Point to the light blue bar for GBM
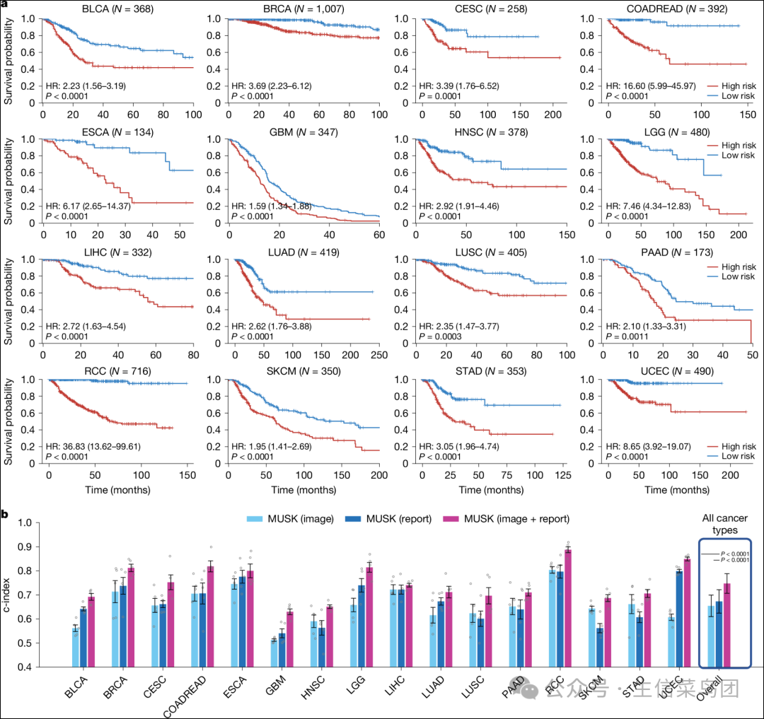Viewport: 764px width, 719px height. (x=274, y=653)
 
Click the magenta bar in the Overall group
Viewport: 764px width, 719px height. (x=727, y=625)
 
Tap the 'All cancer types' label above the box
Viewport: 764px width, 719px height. (x=724, y=525)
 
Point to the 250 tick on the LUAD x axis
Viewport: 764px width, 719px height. (x=378, y=356)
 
